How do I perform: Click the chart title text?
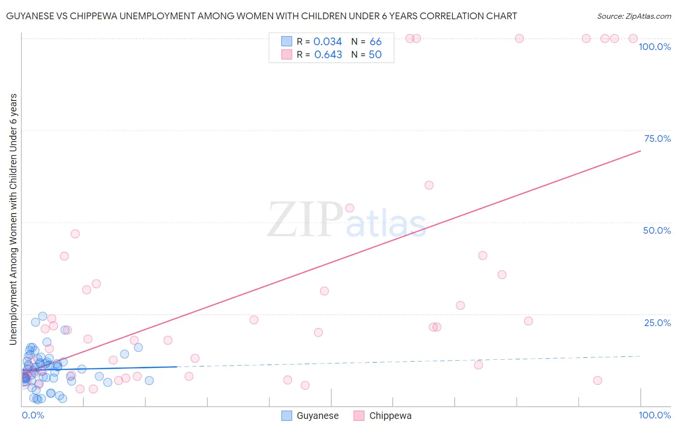pyautogui.click(x=261, y=16)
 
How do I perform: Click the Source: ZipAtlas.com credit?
pyautogui.click(x=634, y=16)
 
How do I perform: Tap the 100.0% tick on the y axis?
pyautogui.click(x=654, y=47)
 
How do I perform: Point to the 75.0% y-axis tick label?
pyautogui.click(x=657, y=139)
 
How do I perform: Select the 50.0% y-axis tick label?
pyautogui.click(x=657, y=230)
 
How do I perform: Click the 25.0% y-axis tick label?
pyautogui.click(x=657, y=322)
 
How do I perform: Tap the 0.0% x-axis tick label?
pyautogui.click(x=33, y=415)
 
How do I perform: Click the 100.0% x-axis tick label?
pyautogui.click(x=654, y=415)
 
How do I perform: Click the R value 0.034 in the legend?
pyautogui.click(x=327, y=41)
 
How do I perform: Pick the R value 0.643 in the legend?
pyautogui.click(x=328, y=54)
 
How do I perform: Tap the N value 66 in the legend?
pyautogui.click(x=376, y=41)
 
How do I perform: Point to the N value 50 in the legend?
pyautogui.click(x=375, y=54)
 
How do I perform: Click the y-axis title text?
pyautogui.click(x=13, y=219)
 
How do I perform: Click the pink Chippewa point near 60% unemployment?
pyautogui.click(x=429, y=185)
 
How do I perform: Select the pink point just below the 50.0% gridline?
pyautogui.click(x=75, y=234)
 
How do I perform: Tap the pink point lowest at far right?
pyautogui.click(x=598, y=380)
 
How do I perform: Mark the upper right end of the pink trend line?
pyautogui.click(x=640, y=151)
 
